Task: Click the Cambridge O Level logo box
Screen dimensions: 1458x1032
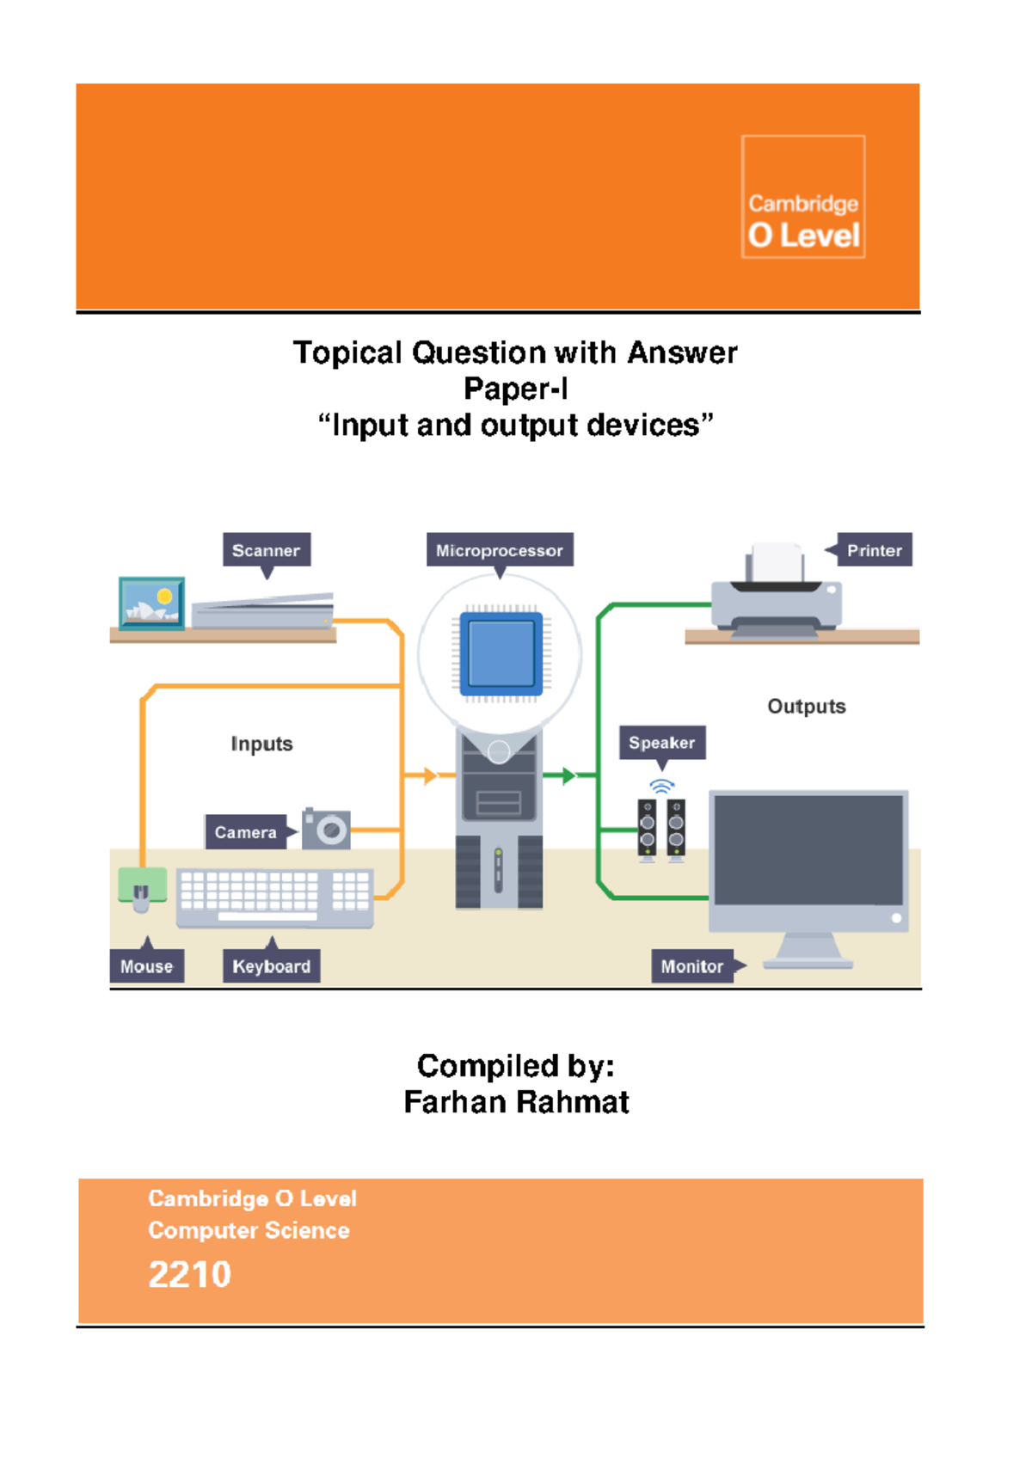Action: coord(803,197)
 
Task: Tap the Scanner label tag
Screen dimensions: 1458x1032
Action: coord(267,550)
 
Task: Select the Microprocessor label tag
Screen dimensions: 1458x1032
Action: coord(500,550)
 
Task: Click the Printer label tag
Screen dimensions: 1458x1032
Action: coord(874,550)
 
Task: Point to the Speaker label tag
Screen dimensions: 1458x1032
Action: coord(661,743)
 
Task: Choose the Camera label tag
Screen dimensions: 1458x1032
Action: coord(245,832)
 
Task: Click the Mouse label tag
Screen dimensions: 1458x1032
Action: coord(146,966)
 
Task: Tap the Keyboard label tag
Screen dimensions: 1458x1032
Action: coord(271,966)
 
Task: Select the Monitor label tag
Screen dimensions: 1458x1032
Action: coord(692,966)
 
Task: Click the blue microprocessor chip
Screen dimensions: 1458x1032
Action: coord(501,653)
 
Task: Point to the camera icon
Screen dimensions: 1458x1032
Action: coord(327,829)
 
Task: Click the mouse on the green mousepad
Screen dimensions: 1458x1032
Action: coord(141,897)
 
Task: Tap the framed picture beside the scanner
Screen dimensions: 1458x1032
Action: coord(151,603)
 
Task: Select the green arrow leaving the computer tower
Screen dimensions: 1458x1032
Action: coord(568,776)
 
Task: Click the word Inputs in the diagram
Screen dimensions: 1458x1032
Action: coord(261,744)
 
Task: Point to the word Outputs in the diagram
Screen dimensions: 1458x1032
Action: coord(806,707)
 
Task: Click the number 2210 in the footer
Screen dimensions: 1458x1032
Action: coord(189,1274)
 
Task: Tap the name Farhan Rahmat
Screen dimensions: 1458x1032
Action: coord(516,1102)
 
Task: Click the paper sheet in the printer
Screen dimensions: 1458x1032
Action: coord(776,562)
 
